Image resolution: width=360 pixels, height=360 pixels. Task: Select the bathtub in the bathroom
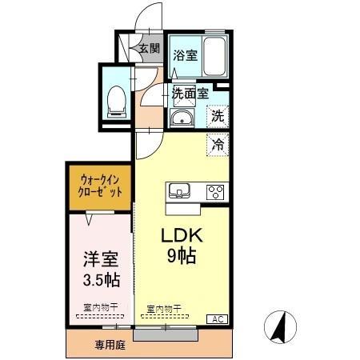click(x=214, y=56)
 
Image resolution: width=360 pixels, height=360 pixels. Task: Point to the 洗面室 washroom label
click(x=190, y=93)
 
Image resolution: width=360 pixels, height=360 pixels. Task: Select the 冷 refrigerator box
click(x=218, y=145)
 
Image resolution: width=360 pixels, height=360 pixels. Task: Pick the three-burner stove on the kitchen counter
click(x=215, y=191)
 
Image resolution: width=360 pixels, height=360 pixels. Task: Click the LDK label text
click(x=183, y=237)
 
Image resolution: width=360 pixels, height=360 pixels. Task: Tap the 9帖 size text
click(x=183, y=257)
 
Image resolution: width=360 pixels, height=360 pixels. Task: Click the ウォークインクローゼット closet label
click(x=100, y=186)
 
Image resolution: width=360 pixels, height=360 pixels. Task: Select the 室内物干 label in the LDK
click(x=164, y=308)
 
